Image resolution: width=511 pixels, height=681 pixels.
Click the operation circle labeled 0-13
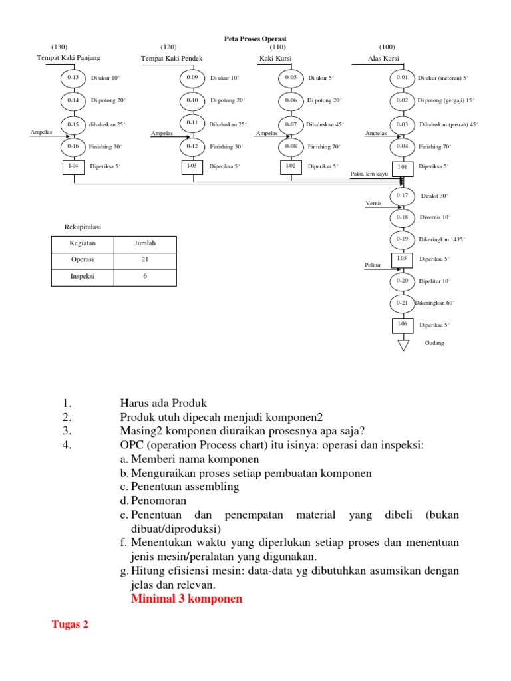[x=73, y=78]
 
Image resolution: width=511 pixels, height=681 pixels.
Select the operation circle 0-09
[x=192, y=78]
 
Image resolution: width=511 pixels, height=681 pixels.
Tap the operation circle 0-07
[x=291, y=124]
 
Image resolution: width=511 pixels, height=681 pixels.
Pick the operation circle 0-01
[x=402, y=78]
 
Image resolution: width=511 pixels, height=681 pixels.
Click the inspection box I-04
[x=73, y=166]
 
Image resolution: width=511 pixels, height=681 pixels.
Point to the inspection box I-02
[x=291, y=166]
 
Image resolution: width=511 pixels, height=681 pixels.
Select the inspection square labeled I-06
[x=402, y=325]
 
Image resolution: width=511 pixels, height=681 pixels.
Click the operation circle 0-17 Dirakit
[x=402, y=196]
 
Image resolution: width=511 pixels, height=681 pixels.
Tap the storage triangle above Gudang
[x=402, y=344]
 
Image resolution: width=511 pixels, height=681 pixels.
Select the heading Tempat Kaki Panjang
[x=69, y=58]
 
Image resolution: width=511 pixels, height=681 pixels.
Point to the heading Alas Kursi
[x=384, y=58]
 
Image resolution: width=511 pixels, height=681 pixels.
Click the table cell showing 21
[x=145, y=259]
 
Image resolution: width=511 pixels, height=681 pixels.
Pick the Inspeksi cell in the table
[x=83, y=275]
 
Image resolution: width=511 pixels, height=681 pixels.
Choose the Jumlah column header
[x=145, y=244]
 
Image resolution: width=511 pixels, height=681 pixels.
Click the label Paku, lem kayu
[x=369, y=173]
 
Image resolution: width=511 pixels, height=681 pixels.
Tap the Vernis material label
[x=373, y=202]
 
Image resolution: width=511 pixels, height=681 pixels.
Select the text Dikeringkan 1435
[x=442, y=239]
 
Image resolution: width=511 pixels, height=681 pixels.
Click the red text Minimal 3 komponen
[x=186, y=599]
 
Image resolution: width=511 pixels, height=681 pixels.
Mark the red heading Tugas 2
[x=70, y=624]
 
